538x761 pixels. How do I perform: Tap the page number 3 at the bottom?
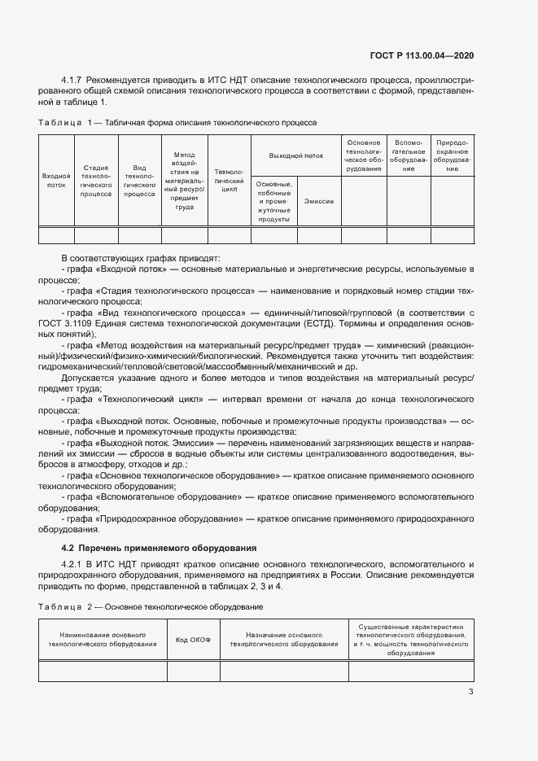click(x=470, y=692)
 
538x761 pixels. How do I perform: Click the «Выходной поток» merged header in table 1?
click(x=296, y=154)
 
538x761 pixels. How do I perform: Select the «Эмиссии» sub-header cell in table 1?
click(x=318, y=200)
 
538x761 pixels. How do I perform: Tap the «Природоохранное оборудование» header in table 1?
click(x=452, y=155)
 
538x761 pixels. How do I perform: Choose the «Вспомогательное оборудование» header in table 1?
click(x=408, y=155)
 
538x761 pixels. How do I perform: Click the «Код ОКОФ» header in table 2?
click(x=194, y=639)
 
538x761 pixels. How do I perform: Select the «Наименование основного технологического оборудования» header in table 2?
click(x=103, y=639)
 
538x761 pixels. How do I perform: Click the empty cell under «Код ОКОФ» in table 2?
click(x=194, y=671)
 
